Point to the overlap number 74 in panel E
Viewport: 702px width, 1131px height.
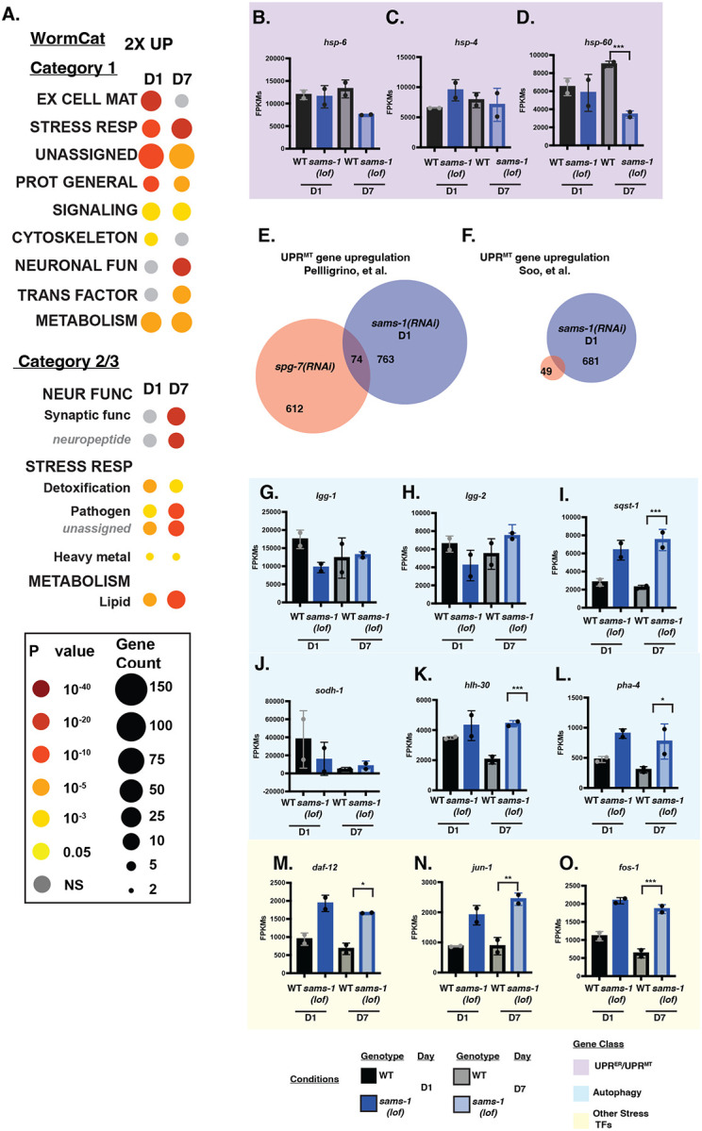[356, 358]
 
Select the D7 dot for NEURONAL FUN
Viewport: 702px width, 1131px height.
[183, 266]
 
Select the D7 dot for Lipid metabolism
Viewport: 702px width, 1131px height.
[183, 599]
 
